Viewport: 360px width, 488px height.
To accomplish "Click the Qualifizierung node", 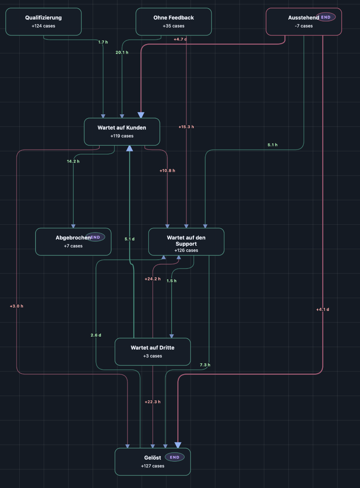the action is click(43, 21).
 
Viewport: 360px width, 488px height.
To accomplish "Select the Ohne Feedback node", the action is click(174, 21).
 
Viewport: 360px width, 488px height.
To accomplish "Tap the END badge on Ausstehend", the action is click(326, 17).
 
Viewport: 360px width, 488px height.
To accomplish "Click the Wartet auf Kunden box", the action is click(122, 132).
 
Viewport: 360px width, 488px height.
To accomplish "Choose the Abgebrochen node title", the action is click(73, 237).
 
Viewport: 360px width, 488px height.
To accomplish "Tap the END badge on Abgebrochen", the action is click(95, 237).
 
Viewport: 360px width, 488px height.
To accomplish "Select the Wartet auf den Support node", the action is click(186, 242).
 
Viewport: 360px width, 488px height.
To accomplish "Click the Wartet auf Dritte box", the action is click(152, 351).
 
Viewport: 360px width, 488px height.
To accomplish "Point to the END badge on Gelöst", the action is click(175, 457).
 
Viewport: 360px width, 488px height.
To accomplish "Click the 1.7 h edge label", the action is click(103, 42).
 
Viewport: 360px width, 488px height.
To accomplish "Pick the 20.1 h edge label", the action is click(122, 52).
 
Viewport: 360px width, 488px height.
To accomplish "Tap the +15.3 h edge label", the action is click(186, 127).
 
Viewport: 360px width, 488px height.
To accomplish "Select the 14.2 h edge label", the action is click(73, 161).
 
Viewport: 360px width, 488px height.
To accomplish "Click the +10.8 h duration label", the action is click(167, 171).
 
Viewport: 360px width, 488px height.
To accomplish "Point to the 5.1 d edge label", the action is click(130, 239).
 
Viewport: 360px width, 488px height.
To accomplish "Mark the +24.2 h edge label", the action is click(152, 279).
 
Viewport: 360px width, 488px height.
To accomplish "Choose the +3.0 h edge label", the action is click(16, 306).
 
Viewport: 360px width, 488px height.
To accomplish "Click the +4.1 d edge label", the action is click(323, 309).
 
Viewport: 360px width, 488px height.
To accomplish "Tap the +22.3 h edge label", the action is click(152, 402).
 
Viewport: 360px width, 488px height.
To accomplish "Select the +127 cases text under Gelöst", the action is click(152, 466).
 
